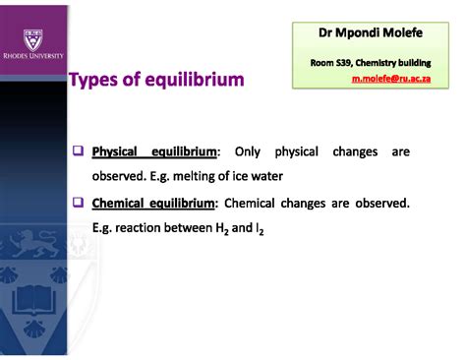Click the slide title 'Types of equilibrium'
(x=156, y=80)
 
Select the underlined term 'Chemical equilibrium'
(x=153, y=204)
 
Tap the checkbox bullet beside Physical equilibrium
(x=78, y=152)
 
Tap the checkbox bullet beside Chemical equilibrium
(x=78, y=204)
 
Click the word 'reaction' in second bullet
(x=140, y=228)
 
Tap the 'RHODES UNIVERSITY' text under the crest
(x=33, y=57)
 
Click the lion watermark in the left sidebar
(x=29, y=242)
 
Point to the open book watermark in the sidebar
(x=31, y=299)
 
